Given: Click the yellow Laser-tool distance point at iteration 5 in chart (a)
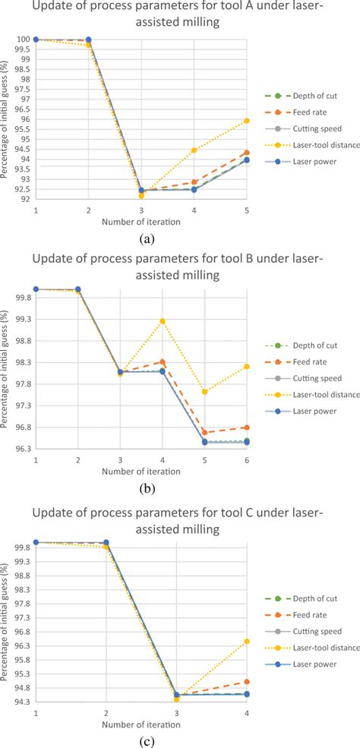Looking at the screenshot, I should pos(247,121).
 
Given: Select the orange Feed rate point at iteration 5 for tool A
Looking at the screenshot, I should pos(247,153).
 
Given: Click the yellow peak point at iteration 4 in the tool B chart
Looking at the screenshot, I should pos(163,321).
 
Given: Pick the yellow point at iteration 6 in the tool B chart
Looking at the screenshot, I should pos(247,366).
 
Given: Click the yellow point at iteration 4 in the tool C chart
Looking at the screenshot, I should pos(247,641).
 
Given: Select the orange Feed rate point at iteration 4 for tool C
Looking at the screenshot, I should pos(247,682).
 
